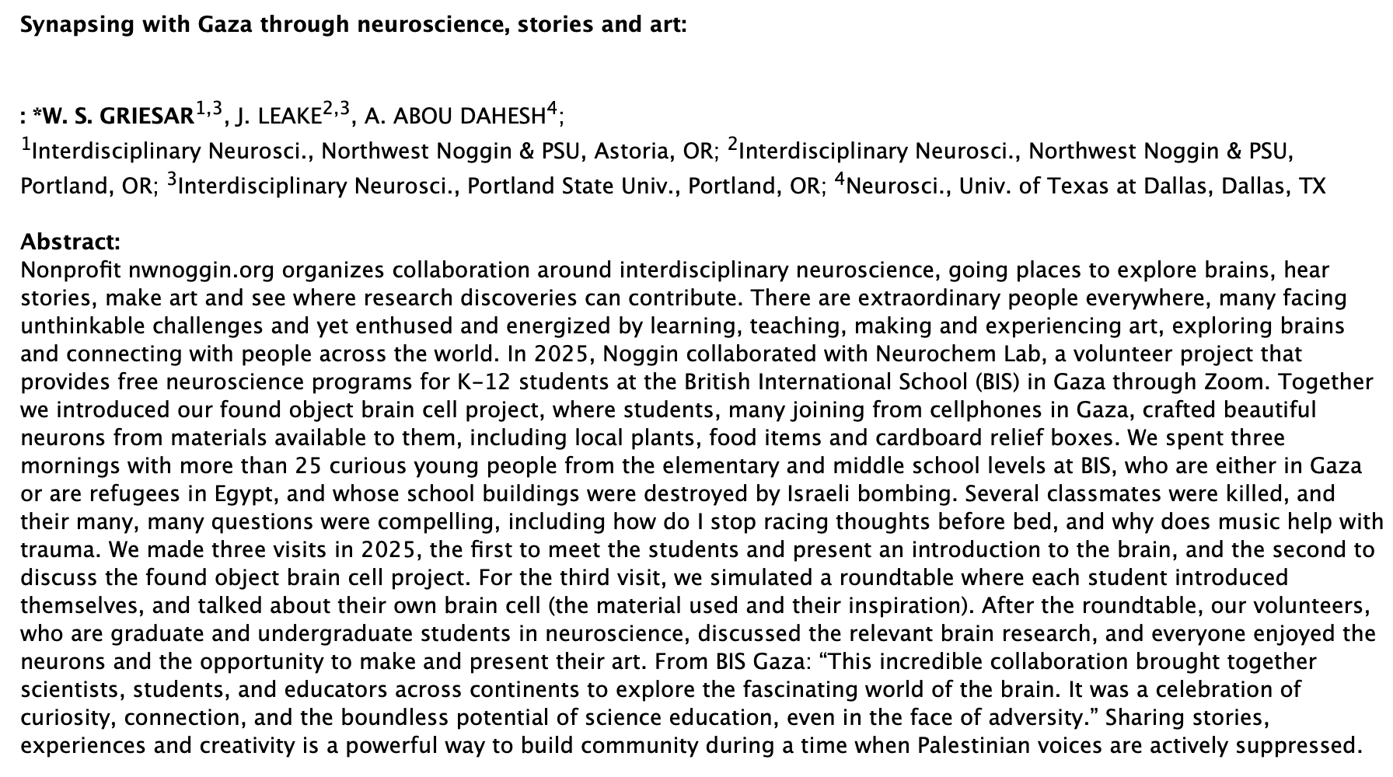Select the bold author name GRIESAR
147,117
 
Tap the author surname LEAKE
291,117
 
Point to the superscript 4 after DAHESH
552,110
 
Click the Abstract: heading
70,242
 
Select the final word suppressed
1298,746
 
